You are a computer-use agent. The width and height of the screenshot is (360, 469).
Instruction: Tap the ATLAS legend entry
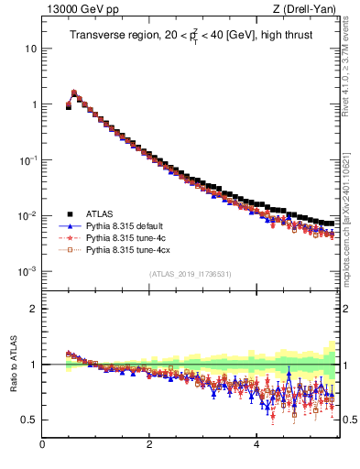coord(99,213)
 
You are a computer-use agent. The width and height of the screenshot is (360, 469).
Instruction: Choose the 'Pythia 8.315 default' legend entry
coord(126,224)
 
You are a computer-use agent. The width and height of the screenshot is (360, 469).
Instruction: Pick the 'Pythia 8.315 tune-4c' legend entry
coord(126,236)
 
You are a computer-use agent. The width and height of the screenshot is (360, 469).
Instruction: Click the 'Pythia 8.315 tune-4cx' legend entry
coord(128,248)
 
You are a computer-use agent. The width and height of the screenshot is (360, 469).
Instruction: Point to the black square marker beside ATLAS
coord(69,213)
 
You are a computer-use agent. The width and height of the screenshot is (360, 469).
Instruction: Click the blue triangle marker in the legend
coord(69,224)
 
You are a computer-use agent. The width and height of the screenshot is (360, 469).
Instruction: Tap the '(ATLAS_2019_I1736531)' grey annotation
coord(189,274)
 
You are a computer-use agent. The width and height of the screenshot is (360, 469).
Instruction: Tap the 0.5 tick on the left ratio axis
coord(30,420)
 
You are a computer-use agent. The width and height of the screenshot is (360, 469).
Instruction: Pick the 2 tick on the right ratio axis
coord(344,309)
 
